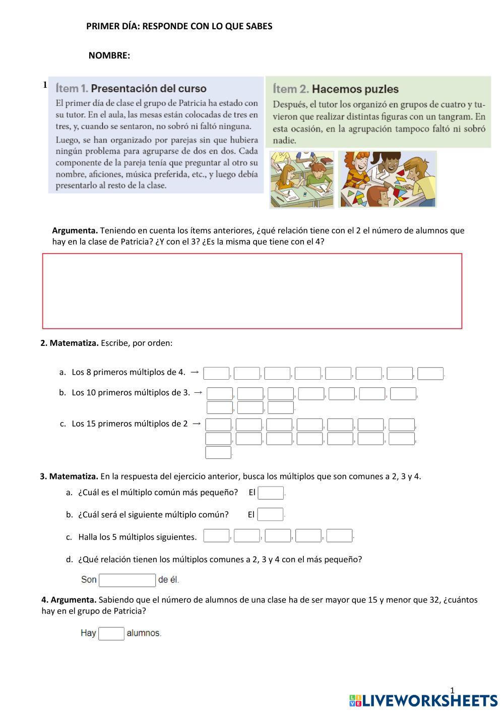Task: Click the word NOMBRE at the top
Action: coord(109,55)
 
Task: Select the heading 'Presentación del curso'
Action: coord(149,89)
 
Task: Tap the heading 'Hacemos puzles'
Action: coord(355,89)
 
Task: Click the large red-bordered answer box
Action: coord(252,291)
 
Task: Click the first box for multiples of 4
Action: coord(216,374)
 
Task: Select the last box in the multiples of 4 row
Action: coord(430,374)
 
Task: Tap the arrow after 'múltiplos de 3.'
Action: coord(198,392)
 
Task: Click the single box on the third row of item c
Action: coord(218,452)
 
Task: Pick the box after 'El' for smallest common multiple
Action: coord(271,493)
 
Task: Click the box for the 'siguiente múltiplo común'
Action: coord(270,514)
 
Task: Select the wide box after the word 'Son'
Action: coord(128,580)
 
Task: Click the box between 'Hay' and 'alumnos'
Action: coord(111,633)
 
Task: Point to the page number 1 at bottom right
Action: coord(452,690)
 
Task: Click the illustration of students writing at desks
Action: coord(302,180)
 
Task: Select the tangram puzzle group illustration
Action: coord(387,179)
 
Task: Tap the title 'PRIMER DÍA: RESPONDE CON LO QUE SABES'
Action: coord(179,26)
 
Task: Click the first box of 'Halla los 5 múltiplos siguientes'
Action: coord(217,536)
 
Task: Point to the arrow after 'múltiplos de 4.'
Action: coord(195,372)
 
